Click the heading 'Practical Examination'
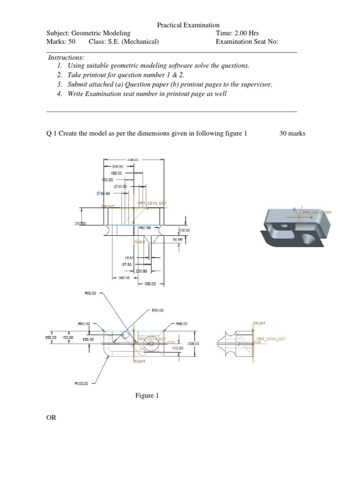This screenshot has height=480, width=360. (x=188, y=25)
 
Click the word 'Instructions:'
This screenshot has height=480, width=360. (x=66, y=57)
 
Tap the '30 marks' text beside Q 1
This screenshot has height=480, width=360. (x=292, y=133)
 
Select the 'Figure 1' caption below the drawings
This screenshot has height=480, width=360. (x=147, y=396)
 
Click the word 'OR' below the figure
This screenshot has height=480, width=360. (x=51, y=417)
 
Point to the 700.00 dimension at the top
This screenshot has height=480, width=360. (x=134, y=159)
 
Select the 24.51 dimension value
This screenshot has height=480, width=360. (x=129, y=257)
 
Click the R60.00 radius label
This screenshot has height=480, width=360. (x=145, y=227)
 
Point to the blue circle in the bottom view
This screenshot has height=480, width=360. (x=126, y=335)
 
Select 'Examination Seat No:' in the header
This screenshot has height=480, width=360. (x=247, y=42)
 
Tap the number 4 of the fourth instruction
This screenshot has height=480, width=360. (x=59, y=94)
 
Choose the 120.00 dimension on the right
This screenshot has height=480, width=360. (x=184, y=230)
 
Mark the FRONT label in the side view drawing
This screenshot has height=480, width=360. (x=259, y=323)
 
